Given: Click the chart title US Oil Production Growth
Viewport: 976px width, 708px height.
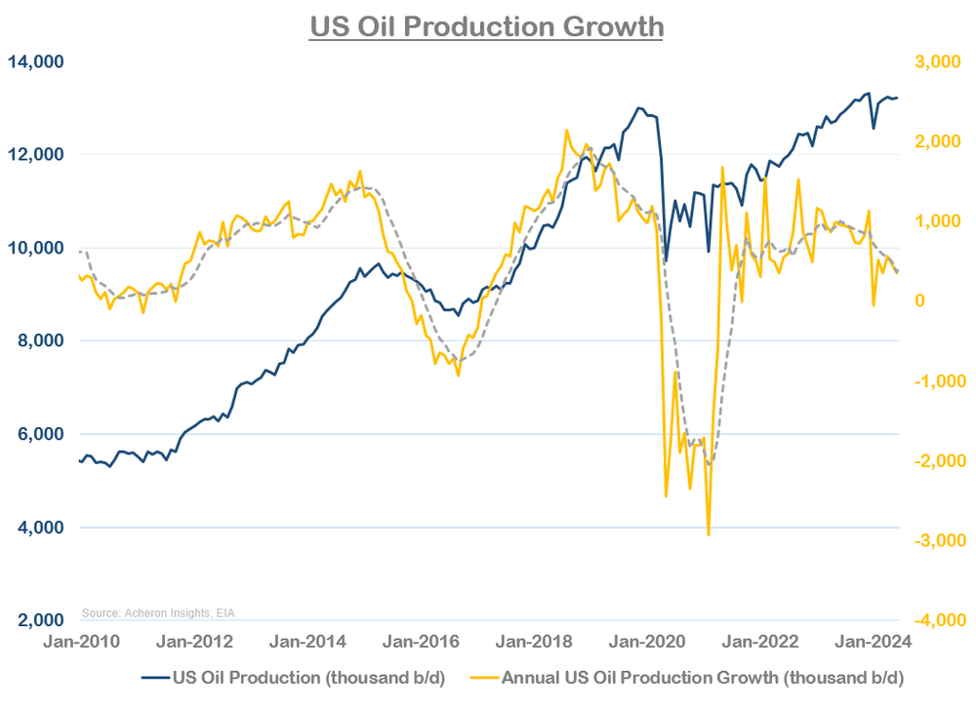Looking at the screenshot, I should point(486,26).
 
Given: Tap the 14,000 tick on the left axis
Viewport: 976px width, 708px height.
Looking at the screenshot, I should point(36,61).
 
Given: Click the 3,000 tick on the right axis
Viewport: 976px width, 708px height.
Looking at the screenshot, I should point(938,61).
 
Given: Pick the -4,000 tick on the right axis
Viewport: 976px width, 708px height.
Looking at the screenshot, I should point(936,620).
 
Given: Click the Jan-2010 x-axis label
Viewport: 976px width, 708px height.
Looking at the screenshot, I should point(83,642).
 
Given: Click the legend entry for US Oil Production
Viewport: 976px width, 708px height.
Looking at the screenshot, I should point(294,677).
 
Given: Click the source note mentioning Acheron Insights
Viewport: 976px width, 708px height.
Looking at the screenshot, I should point(157,612).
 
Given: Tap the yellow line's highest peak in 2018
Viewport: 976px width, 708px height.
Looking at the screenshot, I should point(566,130).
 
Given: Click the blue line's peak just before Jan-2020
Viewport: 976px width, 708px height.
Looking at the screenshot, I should point(639,108).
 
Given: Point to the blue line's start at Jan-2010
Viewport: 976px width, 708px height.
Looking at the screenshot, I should point(79,460).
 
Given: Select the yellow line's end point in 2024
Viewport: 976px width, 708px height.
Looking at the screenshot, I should point(898,272).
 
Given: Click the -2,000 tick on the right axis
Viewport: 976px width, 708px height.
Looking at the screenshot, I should point(936,460).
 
